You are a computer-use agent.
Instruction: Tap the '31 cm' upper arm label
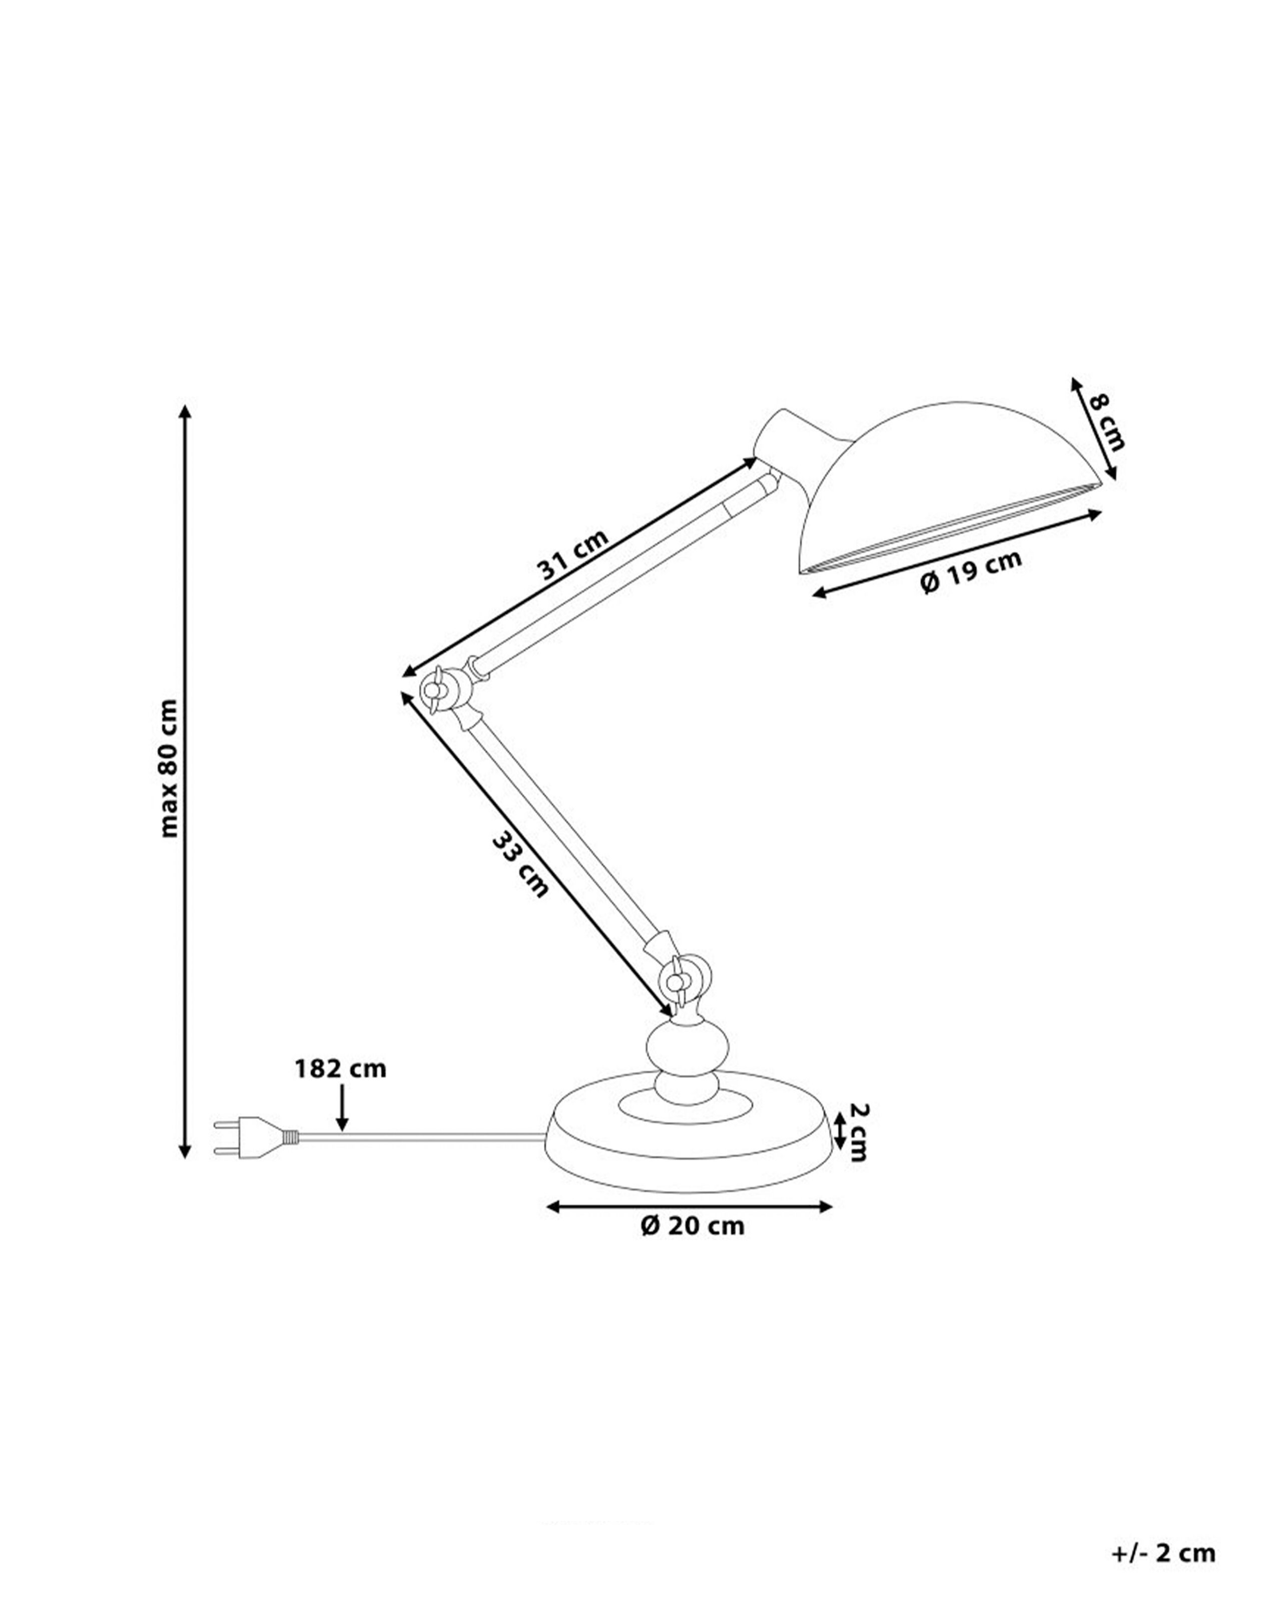pos(572,553)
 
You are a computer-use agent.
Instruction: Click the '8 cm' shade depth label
pos(1106,422)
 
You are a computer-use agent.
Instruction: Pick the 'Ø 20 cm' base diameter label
pos(692,1225)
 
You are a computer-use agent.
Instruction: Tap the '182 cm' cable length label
pos(341,1069)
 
